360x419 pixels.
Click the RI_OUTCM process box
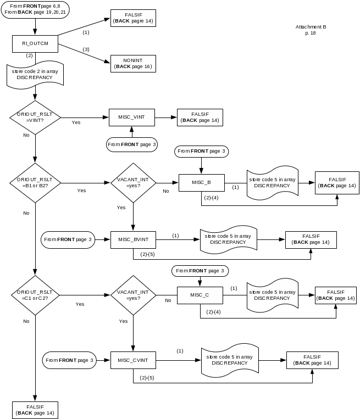point(35,44)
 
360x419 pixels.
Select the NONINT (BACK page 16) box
point(133,63)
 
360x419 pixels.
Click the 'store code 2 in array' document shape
point(35,75)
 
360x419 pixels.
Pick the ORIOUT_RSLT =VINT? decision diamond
point(35,118)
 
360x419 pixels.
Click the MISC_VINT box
point(132,117)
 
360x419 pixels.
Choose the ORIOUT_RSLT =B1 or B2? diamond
point(35,182)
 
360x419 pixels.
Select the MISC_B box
point(201,182)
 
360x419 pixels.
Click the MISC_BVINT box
point(133,239)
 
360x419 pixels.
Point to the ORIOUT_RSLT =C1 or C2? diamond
point(35,295)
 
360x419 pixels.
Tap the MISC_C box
point(200,295)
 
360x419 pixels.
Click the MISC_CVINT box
point(133,360)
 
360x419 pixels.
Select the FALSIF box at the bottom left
point(35,410)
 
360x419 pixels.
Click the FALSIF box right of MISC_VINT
point(200,117)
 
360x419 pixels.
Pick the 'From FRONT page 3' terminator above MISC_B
point(201,151)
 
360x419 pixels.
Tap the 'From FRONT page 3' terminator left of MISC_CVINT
point(70,360)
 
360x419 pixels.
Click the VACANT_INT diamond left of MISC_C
point(133,295)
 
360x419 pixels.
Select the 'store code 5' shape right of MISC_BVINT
point(228,239)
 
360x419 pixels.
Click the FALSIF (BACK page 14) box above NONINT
point(133,18)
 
